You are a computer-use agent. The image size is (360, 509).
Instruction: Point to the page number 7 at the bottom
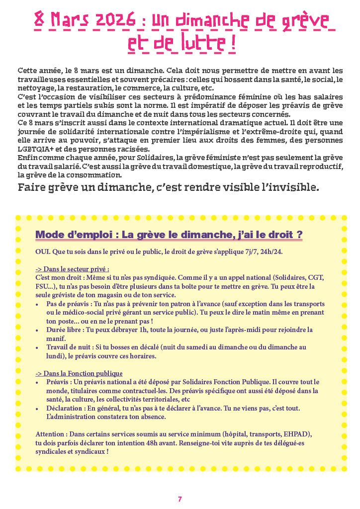pos(180,499)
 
